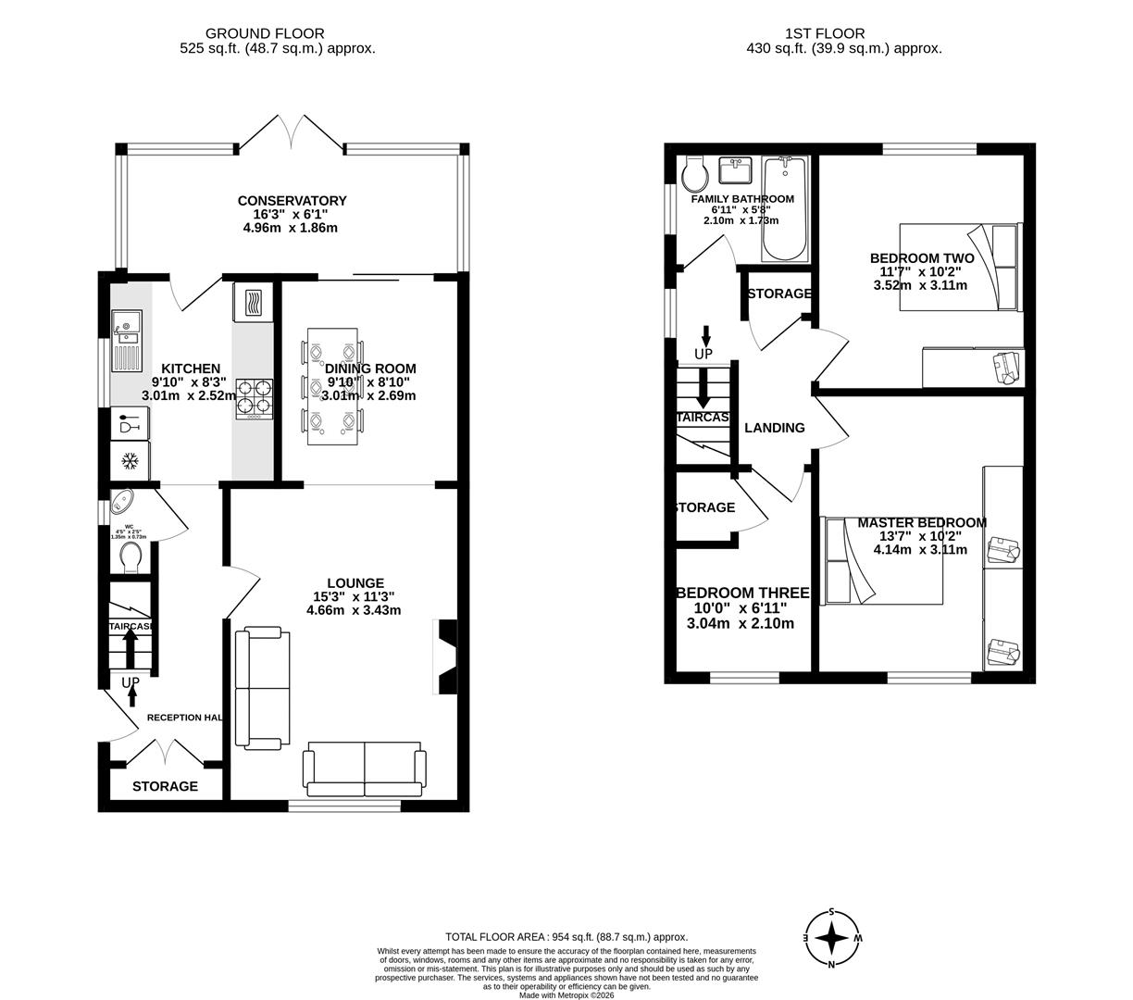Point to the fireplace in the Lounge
[444, 656]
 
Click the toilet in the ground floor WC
[131, 556]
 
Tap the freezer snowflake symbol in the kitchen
[131, 460]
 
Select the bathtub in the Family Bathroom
[784, 209]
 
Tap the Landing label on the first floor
[775, 428]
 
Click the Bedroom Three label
[742, 593]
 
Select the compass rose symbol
[832, 938]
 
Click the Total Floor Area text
[566, 937]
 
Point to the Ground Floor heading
[265, 34]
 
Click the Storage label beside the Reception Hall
[165, 786]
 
